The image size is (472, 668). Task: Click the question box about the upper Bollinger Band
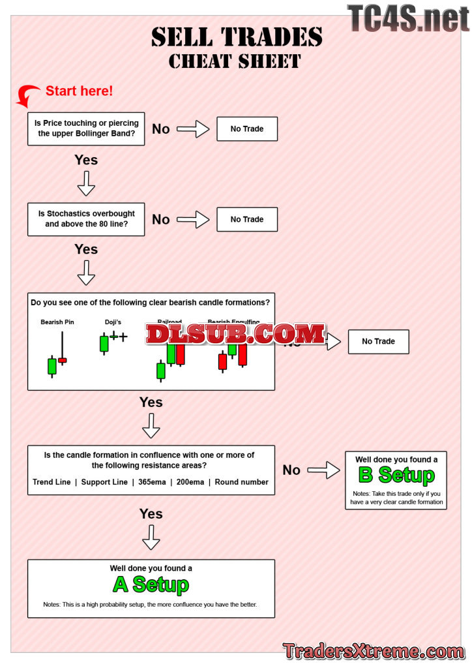(86, 128)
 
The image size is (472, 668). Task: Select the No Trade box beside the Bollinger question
(247, 129)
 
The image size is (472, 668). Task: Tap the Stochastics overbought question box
(86, 219)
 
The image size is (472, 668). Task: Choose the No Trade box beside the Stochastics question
(247, 219)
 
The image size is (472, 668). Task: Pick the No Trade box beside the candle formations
(378, 341)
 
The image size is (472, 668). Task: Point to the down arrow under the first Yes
(86, 184)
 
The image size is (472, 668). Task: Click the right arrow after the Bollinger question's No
(193, 129)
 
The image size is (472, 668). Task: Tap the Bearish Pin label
(57, 322)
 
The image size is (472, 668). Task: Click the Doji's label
(113, 322)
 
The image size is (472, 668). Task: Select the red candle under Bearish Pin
(62, 360)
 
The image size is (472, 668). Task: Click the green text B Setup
(396, 475)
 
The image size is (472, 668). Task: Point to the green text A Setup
(151, 584)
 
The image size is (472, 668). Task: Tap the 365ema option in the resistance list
(151, 482)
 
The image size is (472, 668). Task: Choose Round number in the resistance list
(241, 482)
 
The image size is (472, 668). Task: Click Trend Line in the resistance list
(52, 482)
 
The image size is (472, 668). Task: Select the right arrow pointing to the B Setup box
(323, 470)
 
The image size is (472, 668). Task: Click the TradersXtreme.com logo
(374, 650)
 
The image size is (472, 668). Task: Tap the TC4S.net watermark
(408, 18)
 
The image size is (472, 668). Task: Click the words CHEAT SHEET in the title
(235, 61)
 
